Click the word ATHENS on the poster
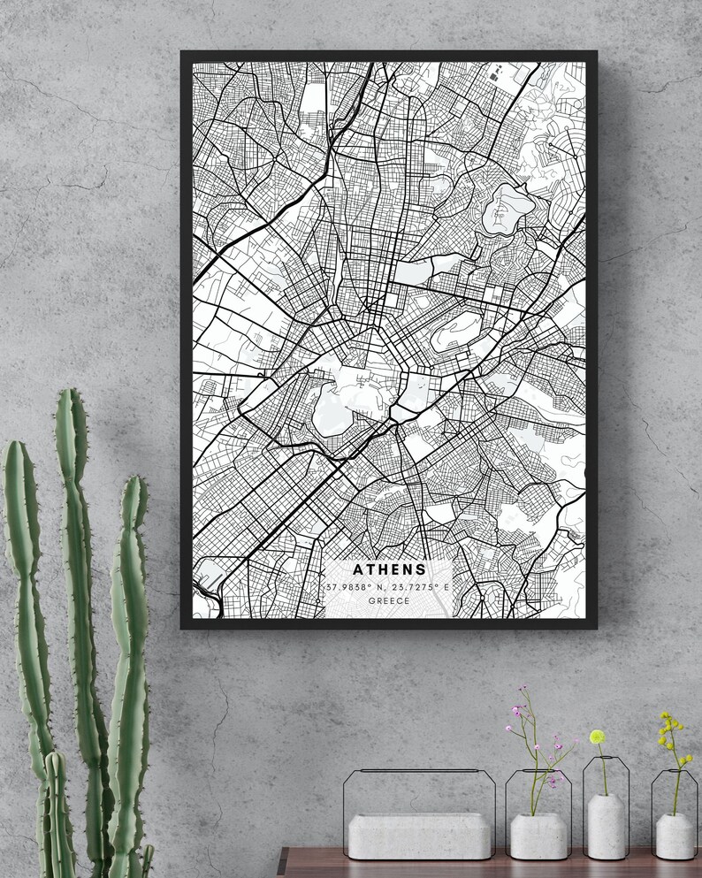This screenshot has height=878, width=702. pyautogui.click(x=389, y=570)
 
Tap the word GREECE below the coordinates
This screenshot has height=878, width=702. pyautogui.click(x=389, y=601)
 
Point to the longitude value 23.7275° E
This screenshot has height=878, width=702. pyautogui.click(x=422, y=587)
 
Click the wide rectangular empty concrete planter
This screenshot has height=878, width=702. pyautogui.click(x=419, y=835)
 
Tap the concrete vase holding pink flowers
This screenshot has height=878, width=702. pyautogui.click(x=538, y=836)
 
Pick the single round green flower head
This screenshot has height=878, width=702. pyautogui.click(x=598, y=737)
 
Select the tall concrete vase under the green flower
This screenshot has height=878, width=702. pyautogui.click(x=606, y=826)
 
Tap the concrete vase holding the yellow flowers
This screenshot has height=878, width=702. pyautogui.click(x=674, y=835)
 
